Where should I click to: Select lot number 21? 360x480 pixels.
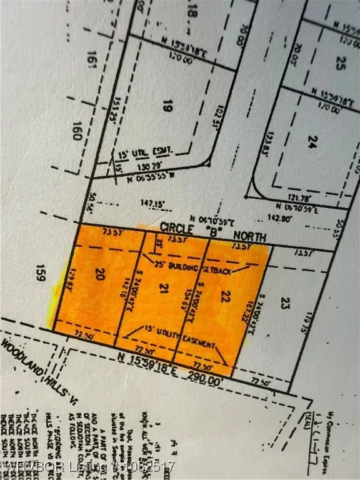pos(164,287)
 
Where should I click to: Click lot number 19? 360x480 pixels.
pos(166,107)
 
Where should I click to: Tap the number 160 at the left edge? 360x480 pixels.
pos(77,133)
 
